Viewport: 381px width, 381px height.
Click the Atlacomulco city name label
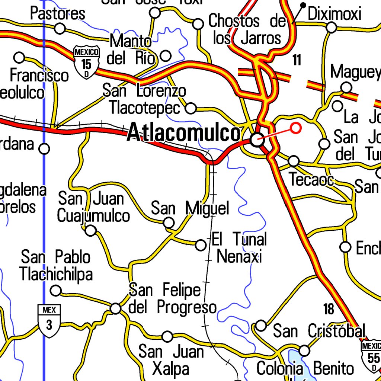pyautogui.click(x=184, y=133)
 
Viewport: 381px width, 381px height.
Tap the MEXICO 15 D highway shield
pyautogui.click(x=87, y=62)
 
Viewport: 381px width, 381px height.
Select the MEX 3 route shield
pyautogui.click(x=49, y=321)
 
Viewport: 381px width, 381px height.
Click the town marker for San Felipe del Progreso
pyautogui.click(x=116, y=308)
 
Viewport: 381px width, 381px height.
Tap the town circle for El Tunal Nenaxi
pyautogui.click(x=201, y=245)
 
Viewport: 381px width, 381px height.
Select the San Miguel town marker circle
pyautogui.click(x=169, y=223)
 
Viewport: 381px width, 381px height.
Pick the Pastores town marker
pyautogui.click(x=60, y=28)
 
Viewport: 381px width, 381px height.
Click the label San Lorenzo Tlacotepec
pyautogui.click(x=144, y=99)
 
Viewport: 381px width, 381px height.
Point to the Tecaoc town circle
pyautogui.click(x=294, y=161)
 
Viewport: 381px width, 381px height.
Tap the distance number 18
pyautogui.click(x=329, y=309)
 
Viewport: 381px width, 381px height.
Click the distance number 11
pyautogui.click(x=297, y=60)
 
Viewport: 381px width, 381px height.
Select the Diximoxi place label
pyautogui.click(x=334, y=14)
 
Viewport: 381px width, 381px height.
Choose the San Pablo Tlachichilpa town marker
pyautogui.click(x=56, y=290)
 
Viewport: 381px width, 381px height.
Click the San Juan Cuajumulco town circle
pyautogui.click(x=90, y=231)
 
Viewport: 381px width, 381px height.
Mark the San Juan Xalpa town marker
pyautogui.click(x=168, y=337)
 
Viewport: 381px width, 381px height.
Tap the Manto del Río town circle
pyautogui.click(x=166, y=56)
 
